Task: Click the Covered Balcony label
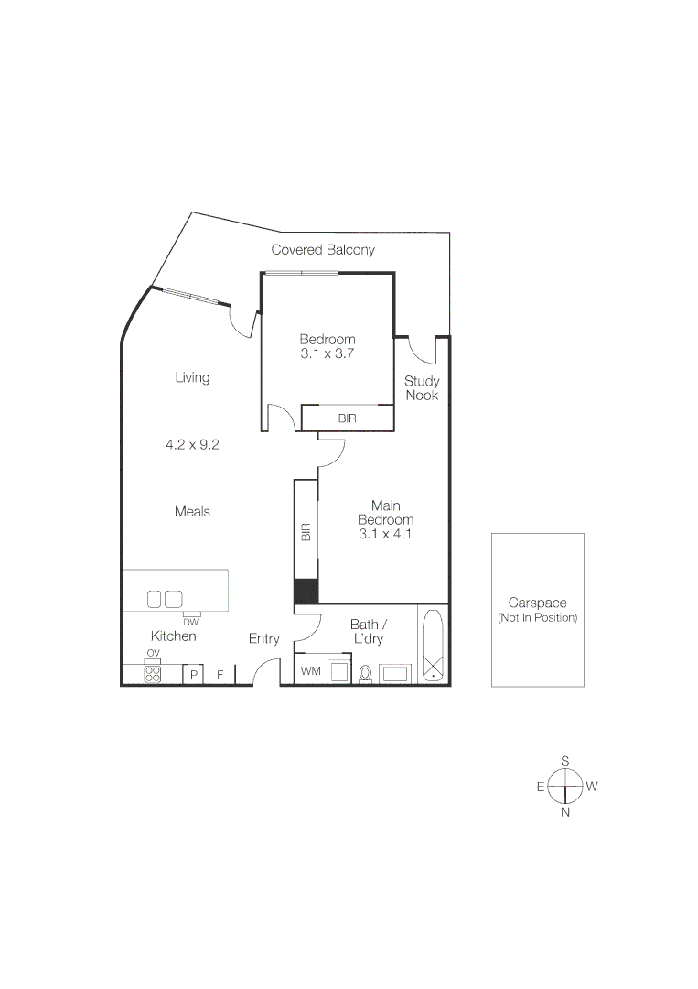(323, 250)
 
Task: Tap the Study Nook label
(422, 388)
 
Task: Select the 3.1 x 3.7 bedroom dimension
(328, 353)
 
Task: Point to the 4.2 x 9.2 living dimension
(191, 445)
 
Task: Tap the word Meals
(192, 512)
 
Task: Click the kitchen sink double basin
(165, 599)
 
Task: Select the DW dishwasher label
(190, 622)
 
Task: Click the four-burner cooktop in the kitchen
(153, 674)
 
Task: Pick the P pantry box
(193, 675)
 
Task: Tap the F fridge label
(220, 675)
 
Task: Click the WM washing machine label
(311, 671)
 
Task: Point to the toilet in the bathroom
(366, 674)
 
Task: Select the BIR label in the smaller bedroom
(347, 418)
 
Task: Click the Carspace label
(537, 603)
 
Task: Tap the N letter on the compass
(565, 812)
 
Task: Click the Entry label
(264, 639)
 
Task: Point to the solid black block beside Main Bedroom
(306, 592)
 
